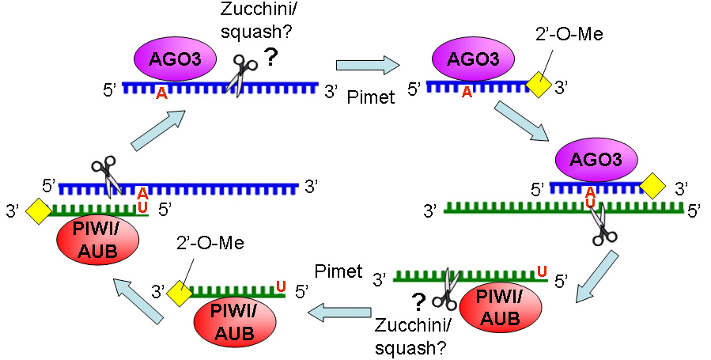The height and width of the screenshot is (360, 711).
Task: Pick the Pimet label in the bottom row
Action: [x=338, y=272]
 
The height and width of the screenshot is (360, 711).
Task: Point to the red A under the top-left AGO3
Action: [x=161, y=93]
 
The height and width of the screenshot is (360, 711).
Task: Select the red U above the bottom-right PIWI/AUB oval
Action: [x=541, y=272]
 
